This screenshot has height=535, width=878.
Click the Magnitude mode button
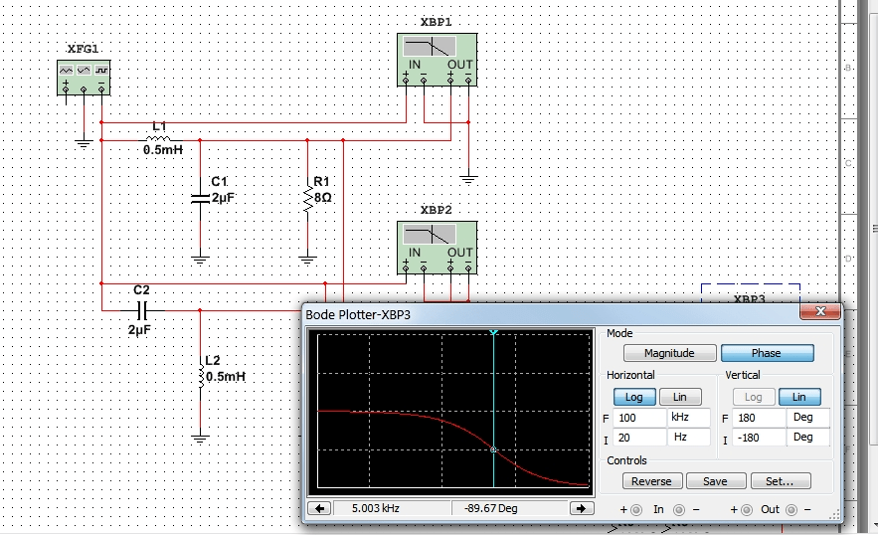[x=669, y=353]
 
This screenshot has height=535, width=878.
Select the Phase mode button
[x=767, y=353]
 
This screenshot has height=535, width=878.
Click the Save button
[x=716, y=480]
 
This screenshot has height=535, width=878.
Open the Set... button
[x=780, y=480]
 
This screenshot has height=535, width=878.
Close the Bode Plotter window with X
[x=820, y=311]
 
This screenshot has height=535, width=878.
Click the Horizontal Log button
[x=634, y=397]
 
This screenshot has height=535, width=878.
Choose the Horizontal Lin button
[x=680, y=397]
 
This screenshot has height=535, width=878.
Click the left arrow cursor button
[x=320, y=508]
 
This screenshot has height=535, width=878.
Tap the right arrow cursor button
[x=582, y=508]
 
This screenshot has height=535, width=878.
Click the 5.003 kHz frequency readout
[x=375, y=508]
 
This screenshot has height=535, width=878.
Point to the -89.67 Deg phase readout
[x=491, y=508]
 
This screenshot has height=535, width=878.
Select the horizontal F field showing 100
[x=639, y=418]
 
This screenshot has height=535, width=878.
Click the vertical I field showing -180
[x=759, y=438]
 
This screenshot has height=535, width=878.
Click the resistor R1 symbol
[x=307, y=199]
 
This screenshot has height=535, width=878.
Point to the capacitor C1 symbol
[x=200, y=198]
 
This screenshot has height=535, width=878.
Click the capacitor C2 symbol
[x=142, y=310]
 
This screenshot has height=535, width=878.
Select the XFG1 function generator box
[x=84, y=78]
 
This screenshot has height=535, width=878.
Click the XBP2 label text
[x=436, y=210]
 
